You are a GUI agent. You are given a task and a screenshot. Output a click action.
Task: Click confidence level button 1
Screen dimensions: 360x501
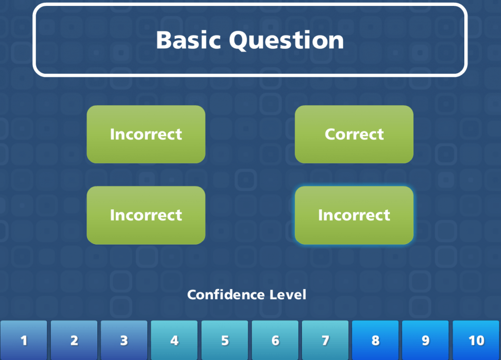pyautogui.click(x=23, y=340)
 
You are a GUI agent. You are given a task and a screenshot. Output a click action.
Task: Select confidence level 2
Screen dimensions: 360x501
pyautogui.click(x=74, y=340)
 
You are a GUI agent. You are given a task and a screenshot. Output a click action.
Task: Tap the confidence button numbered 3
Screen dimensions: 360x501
pyautogui.click(x=124, y=340)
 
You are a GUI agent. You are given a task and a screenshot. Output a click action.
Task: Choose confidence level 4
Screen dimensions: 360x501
pyautogui.click(x=174, y=340)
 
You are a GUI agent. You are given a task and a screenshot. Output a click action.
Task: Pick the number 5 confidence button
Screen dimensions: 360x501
pyautogui.click(x=225, y=340)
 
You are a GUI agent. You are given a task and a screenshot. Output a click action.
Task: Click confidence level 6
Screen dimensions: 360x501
pyautogui.click(x=275, y=340)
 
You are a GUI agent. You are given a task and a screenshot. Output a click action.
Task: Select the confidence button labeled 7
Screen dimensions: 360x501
pyautogui.click(x=325, y=340)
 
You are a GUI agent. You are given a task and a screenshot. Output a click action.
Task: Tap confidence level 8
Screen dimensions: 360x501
pyautogui.click(x=375, y=340)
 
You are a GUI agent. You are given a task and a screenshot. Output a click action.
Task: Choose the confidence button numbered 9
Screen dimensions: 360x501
pyautogui.click(x=425, y=340)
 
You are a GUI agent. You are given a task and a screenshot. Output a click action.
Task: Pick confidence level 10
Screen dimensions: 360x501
pyautogui.click(x=476, y=340)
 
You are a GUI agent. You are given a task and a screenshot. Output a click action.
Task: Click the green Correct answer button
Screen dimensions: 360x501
pyautogui.click(x=354, y=134)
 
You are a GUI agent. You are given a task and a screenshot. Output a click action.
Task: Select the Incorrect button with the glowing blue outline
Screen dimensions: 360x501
pyautogui.click(x=354, y=215)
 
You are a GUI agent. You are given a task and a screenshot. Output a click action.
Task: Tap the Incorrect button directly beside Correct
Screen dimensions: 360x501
pyautogui.click(x=146, y=134)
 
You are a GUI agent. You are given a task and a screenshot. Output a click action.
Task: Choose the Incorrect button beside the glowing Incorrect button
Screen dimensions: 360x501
pyautogui.click(x=146, y=215)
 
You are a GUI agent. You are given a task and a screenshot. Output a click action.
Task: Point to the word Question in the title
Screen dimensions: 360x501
pyautogui.click(x=287, y=40)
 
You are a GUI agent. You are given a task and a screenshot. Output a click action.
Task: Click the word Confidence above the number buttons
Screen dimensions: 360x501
pyautogui.click(x=226, y=295)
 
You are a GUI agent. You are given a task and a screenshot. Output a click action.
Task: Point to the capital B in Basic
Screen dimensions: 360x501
pyautogui.click(x=164, y=40)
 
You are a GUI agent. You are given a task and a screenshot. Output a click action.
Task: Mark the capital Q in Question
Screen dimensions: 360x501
pyautogui.click(x=241, y=41)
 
